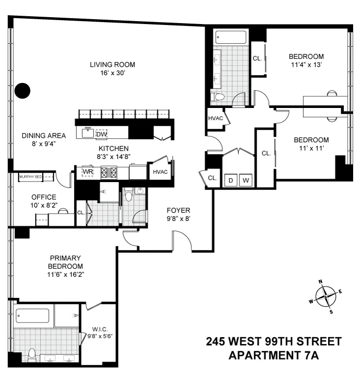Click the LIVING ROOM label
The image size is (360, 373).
click(x=112, y=64)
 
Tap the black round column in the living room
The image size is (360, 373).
click(x=22, y=90)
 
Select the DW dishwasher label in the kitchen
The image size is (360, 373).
click(x=102, y=134)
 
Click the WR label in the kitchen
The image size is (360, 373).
click(x=87, y=172)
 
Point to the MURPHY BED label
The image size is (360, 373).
click(x=30, y=177)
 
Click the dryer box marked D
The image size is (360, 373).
click(x=231, y=181)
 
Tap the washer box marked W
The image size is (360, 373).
click(x=247, y=181)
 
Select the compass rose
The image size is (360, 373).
click(x=325, y=296)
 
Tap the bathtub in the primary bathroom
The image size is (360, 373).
click(x=32, y=316)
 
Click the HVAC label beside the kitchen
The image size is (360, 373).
click(x=160, y=172)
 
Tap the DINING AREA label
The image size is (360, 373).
click(x=44, y=135)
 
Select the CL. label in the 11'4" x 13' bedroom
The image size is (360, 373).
click(x=257, y=58)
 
